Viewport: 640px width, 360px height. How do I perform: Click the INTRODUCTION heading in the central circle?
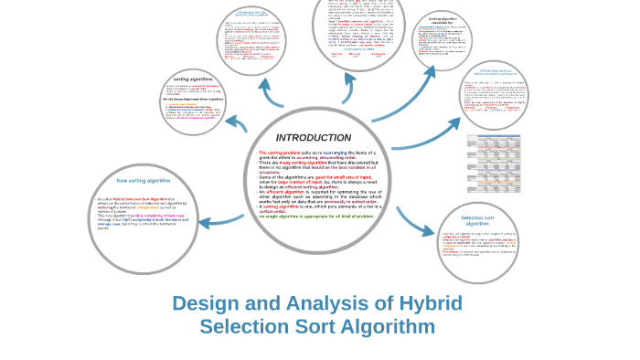[x=314, y=137]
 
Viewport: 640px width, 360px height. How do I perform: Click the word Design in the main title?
[x=207, y=303]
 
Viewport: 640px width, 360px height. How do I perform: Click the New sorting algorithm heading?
[x=144, y=180]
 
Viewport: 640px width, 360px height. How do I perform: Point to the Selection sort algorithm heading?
[x=478, y=221]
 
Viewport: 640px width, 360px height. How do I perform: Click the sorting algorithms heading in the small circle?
[x=193, y=79]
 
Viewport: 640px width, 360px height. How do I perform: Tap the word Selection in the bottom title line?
[x=242, y=326]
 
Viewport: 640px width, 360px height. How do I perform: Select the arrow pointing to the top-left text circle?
[x=272, y=92]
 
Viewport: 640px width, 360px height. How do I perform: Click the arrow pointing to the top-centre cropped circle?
[x=348, y=89]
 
